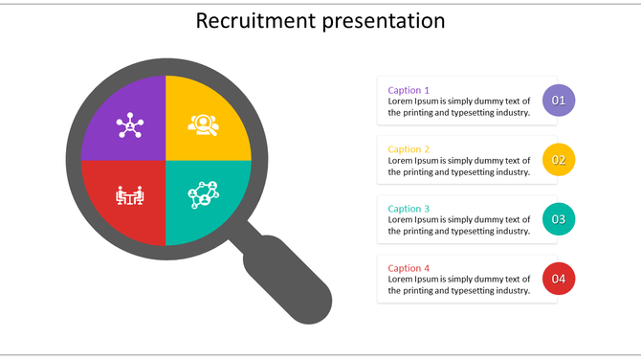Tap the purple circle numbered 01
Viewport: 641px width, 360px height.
559,101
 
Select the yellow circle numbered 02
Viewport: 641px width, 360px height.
559,160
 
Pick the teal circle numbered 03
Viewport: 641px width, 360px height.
559,219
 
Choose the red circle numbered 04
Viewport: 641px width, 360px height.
559,279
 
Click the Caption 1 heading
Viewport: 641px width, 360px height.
409,90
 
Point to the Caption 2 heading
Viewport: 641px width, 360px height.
409,149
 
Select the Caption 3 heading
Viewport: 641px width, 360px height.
409,209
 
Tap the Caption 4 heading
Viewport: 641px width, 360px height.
409,268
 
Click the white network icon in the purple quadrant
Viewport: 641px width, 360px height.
128,124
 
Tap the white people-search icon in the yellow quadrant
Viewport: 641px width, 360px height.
203,124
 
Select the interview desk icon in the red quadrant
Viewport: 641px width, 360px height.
129,195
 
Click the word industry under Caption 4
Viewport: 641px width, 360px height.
508,290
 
